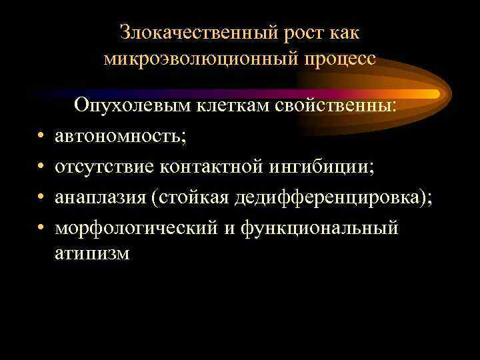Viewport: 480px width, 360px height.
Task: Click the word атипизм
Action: point(92,254)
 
